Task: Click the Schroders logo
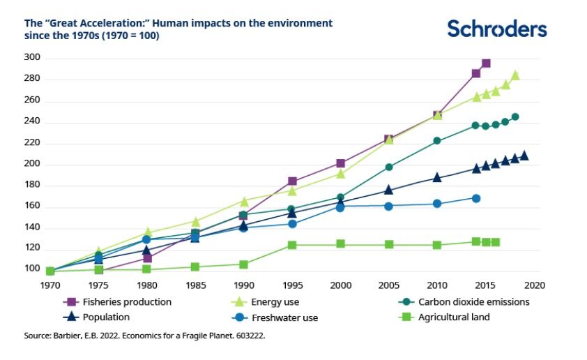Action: [x=496, y=29]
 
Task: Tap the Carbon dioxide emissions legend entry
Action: [x=473, y=302]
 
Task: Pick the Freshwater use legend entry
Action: [x=285, y=318]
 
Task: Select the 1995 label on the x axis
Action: [x=291, y=285]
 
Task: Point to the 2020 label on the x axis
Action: [x=534, y=285]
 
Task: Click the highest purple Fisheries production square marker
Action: [x=486, y=63]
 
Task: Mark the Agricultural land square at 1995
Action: [x=292, y=246]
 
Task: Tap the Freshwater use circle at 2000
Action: [x=340, y=207]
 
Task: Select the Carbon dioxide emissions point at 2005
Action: [x=389, y=167]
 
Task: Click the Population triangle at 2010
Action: [x=437, y=177]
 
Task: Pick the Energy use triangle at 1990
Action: [x=244, y=202]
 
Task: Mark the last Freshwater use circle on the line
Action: [x=476, y=198]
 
